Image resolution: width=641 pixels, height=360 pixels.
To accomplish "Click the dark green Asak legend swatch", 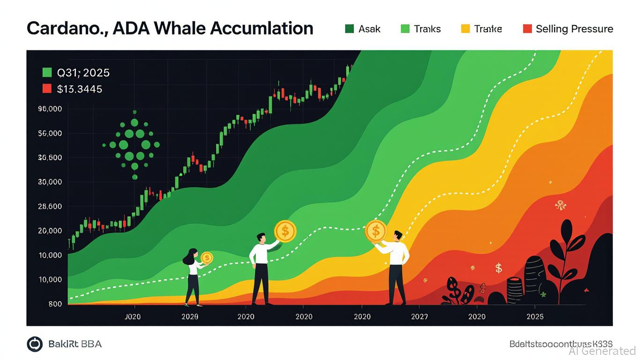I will [x=350, y=29].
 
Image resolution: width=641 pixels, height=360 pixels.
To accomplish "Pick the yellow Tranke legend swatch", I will [x=465, y=29].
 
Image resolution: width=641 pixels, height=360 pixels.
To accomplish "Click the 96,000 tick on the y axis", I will [x=50, y=109].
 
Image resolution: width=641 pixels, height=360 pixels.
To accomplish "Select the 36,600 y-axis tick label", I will [x=50, y=157].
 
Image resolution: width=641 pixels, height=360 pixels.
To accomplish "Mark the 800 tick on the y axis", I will [x=55, y=304].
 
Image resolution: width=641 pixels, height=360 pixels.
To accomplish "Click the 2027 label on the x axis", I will [x=419, y=316].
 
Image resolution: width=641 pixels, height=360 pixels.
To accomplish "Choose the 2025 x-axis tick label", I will [x=535, y=316].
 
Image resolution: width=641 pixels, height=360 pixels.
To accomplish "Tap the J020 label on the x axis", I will [x=133, y=316].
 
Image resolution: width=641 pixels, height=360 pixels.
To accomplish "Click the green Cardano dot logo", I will [x=134, y=145].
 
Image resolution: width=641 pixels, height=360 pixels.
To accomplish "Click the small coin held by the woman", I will [x=207, y=258].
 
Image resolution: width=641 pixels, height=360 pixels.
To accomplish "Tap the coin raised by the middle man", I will [x=285, y=231].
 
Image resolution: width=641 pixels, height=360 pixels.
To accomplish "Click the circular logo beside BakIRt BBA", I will [x=35, y=344].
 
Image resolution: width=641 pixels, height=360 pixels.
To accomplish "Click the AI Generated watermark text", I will [x=602, y=351].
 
